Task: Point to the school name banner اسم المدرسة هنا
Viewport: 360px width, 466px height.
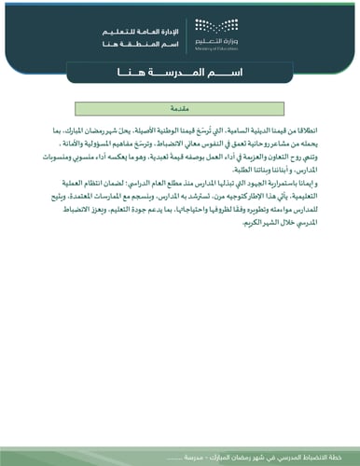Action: coord(180,71)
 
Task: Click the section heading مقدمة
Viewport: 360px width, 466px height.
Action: coord(180,108)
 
